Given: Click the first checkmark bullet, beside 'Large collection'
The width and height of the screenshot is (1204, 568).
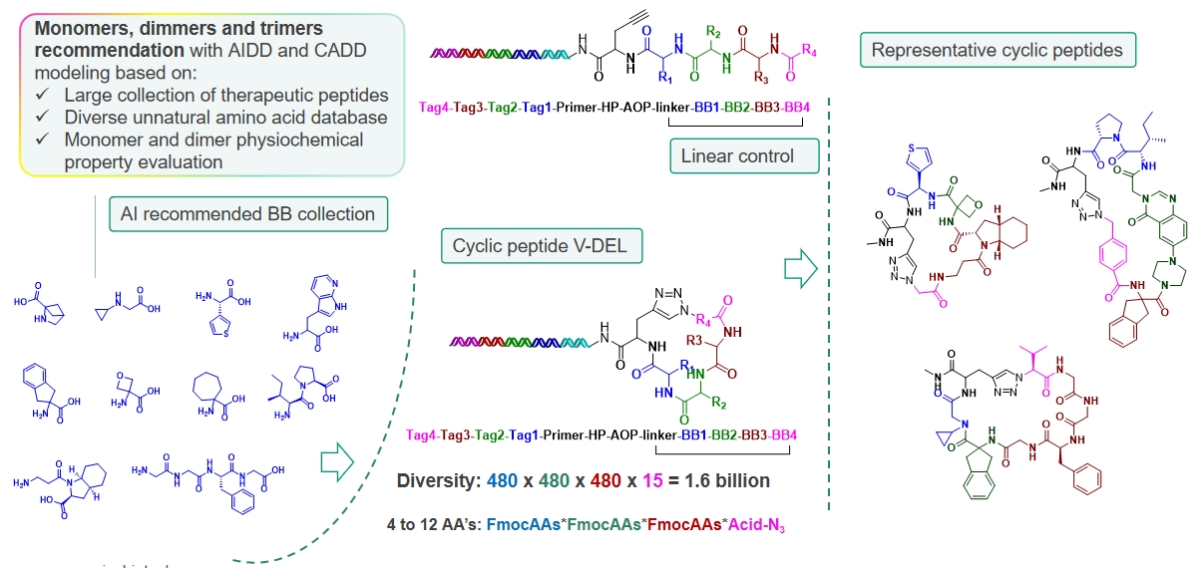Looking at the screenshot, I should [42, 97].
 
